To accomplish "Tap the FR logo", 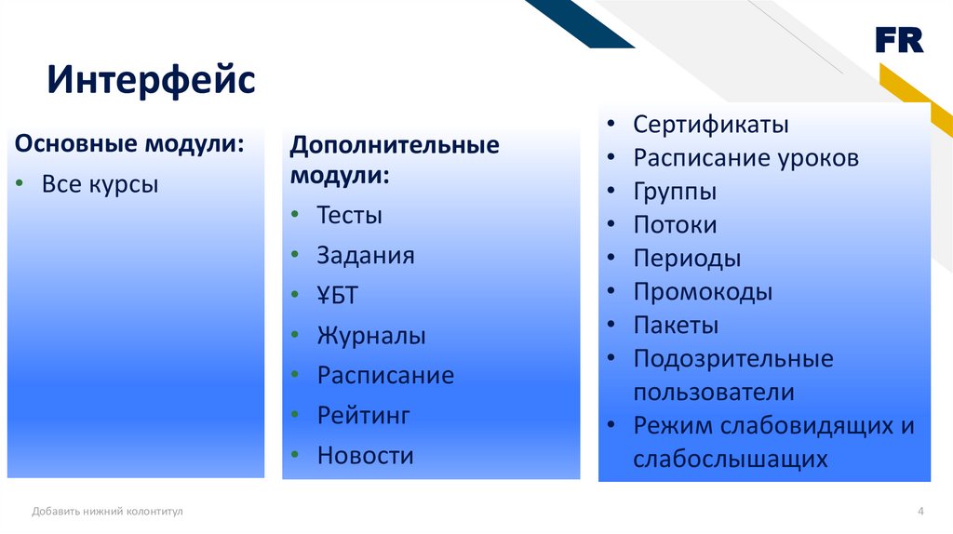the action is (x=900, y=40).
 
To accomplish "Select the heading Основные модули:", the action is (x=129, y=144).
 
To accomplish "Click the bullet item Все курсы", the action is (x=100, y=185).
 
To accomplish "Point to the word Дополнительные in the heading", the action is (x=395, y=145).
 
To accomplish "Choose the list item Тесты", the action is (x=350, y=215).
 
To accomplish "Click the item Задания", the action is (x=365, y=256).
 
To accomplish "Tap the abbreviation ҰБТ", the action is (x=337, y=295).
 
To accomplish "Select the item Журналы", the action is (x=371, y=335).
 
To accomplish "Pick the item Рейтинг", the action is (x=364, y=416).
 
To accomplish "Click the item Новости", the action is (x=365, y=456).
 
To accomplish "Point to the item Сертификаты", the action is (x=710, y=125).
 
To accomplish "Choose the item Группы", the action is (x=675, y=192).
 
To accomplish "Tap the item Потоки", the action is (x=675, y=225).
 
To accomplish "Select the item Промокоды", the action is (x=703, y=292).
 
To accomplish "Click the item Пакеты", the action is (x=676, y=325).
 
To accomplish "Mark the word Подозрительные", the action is (x=733, y=358).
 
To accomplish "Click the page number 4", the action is (x=920, y=511).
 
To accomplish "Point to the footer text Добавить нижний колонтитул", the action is (x=107, y=512).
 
